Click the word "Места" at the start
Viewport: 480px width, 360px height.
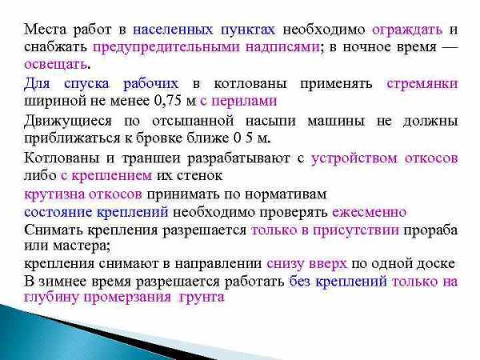[x=45, y=30]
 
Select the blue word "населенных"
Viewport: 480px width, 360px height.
[x=173, y=30]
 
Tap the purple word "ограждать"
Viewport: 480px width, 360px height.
[x=407, y=30]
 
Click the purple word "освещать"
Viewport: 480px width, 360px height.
[x=55, y=65]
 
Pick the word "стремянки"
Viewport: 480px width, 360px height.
[x=422, y=84]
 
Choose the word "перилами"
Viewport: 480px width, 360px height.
[x=244, y=102]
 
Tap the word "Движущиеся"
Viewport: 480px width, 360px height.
[x=68, y=122]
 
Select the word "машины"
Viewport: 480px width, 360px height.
[x=336, y=122]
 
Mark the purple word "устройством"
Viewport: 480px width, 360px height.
[x=354, y=159]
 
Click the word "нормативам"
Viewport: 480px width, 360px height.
[x=286, y=194]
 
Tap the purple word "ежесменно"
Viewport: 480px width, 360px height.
[x=370, y=212]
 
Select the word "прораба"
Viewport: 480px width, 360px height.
[x=430, y=230]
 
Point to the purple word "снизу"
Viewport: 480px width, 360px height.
[x=285, y=264]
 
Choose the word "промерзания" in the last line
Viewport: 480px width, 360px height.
[x=127, y=298]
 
